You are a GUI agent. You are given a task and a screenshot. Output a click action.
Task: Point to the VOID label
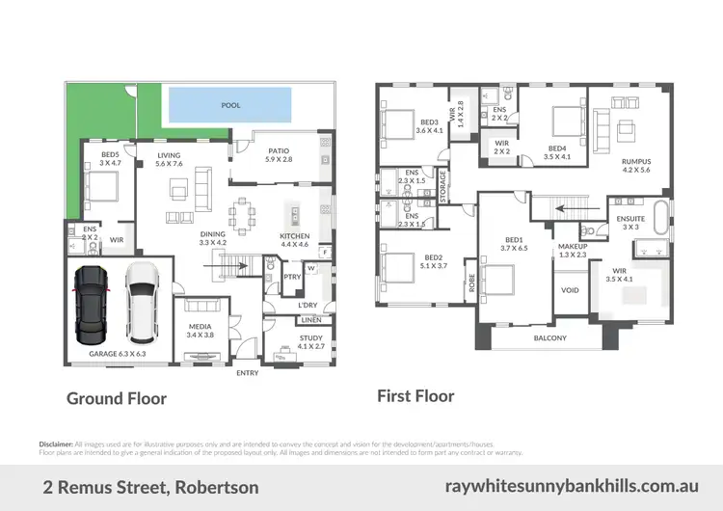pyautogui.click(x=570, y=288)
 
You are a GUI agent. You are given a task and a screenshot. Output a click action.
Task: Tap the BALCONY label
pyautogui.click(x=550, y=338)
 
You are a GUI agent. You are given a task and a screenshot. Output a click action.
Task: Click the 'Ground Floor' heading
pyautogui.click(x=116, y=398)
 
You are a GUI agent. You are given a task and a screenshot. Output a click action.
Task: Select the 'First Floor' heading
pyautogui.click(x=415, y=395)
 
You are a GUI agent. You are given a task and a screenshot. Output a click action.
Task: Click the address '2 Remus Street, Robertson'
pyautogui.click(x=151, y=488)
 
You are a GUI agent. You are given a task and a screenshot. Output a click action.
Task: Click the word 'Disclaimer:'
pyautogui.click(x=56, y=444)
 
